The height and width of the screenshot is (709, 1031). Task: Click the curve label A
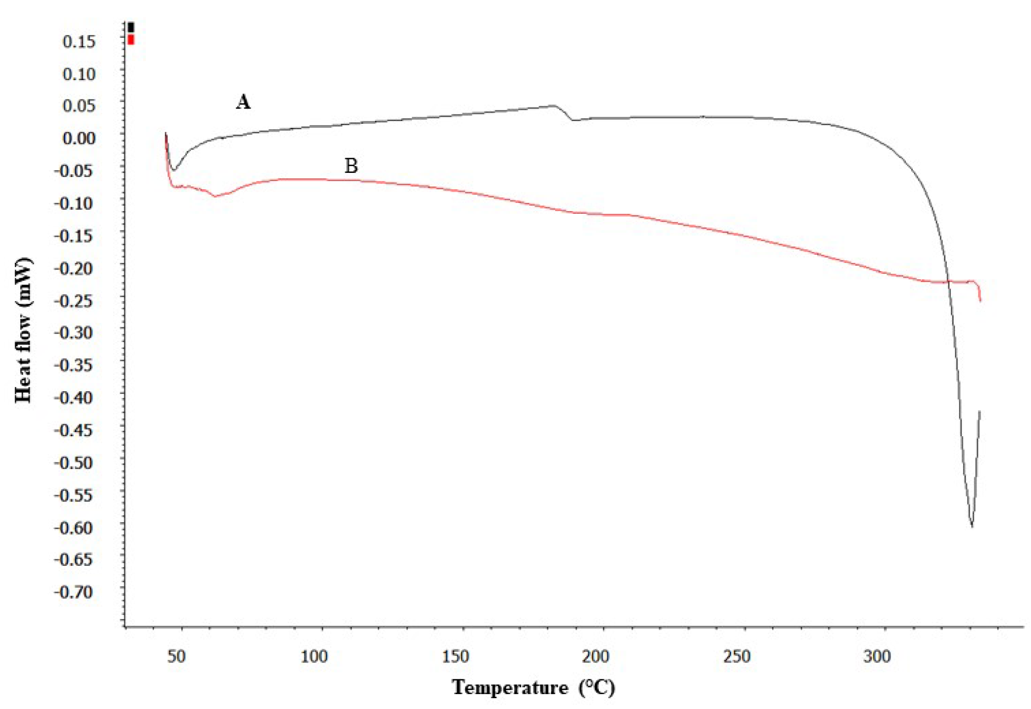click(243, 102)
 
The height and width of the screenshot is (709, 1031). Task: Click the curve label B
click(351, 166)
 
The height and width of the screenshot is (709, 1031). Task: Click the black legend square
click(131, 27)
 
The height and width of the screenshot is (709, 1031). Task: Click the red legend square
click(131, 40)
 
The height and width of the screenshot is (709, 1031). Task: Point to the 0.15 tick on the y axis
click(79, 41)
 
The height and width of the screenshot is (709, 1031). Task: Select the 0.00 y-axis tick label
click(79, 138)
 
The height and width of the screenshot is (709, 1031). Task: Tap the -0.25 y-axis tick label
click(74, 300)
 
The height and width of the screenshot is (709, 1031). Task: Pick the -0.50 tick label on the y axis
click(74, 462)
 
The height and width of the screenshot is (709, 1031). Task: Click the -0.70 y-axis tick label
click(74, 592)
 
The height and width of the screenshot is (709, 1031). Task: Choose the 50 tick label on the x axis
click(176, 656)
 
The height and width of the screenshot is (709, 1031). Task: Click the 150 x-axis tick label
click(456, 656)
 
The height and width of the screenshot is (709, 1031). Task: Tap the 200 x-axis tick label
click(596, 656)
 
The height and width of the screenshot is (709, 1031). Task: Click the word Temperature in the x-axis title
click(510, 687)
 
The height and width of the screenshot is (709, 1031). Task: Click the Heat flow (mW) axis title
click(23, 330)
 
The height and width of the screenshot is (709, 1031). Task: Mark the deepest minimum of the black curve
click(972, 526)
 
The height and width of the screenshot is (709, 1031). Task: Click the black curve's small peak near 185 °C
click(554, 105)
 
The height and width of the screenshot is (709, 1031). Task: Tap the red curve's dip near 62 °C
click(215, 196)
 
